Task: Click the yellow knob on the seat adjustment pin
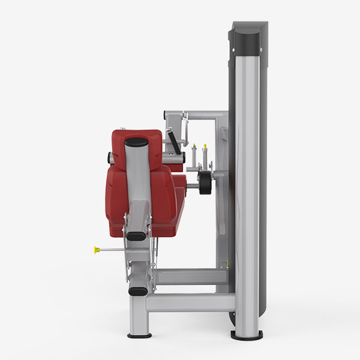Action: tap(96, 249)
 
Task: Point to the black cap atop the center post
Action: tap(136, 143)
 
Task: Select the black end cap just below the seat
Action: tap(136, 236)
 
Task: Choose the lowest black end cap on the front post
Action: tap(137, 292)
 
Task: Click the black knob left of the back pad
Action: tap(110, 157)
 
